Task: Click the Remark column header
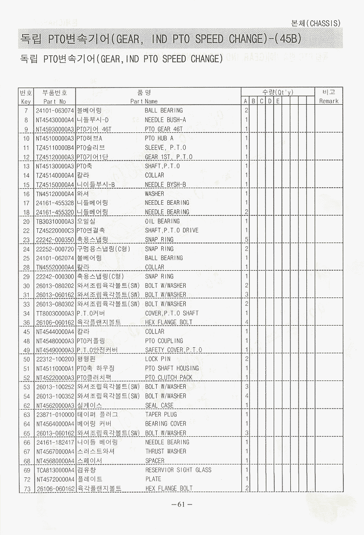point(329,101)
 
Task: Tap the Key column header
point(26,101)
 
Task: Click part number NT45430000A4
point(55,120)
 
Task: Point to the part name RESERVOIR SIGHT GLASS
point(178,470)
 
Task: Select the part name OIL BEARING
point(162,221)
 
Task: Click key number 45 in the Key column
point(26,332)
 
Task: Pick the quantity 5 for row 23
point(247,240)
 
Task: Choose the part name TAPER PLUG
point(161,415)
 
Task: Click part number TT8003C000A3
point(55,313)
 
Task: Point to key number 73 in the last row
point(26,488)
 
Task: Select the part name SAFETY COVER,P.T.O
point(173,350)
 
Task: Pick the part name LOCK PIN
point(158,359)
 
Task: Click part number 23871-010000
point(55,415)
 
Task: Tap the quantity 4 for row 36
point(247,322)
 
